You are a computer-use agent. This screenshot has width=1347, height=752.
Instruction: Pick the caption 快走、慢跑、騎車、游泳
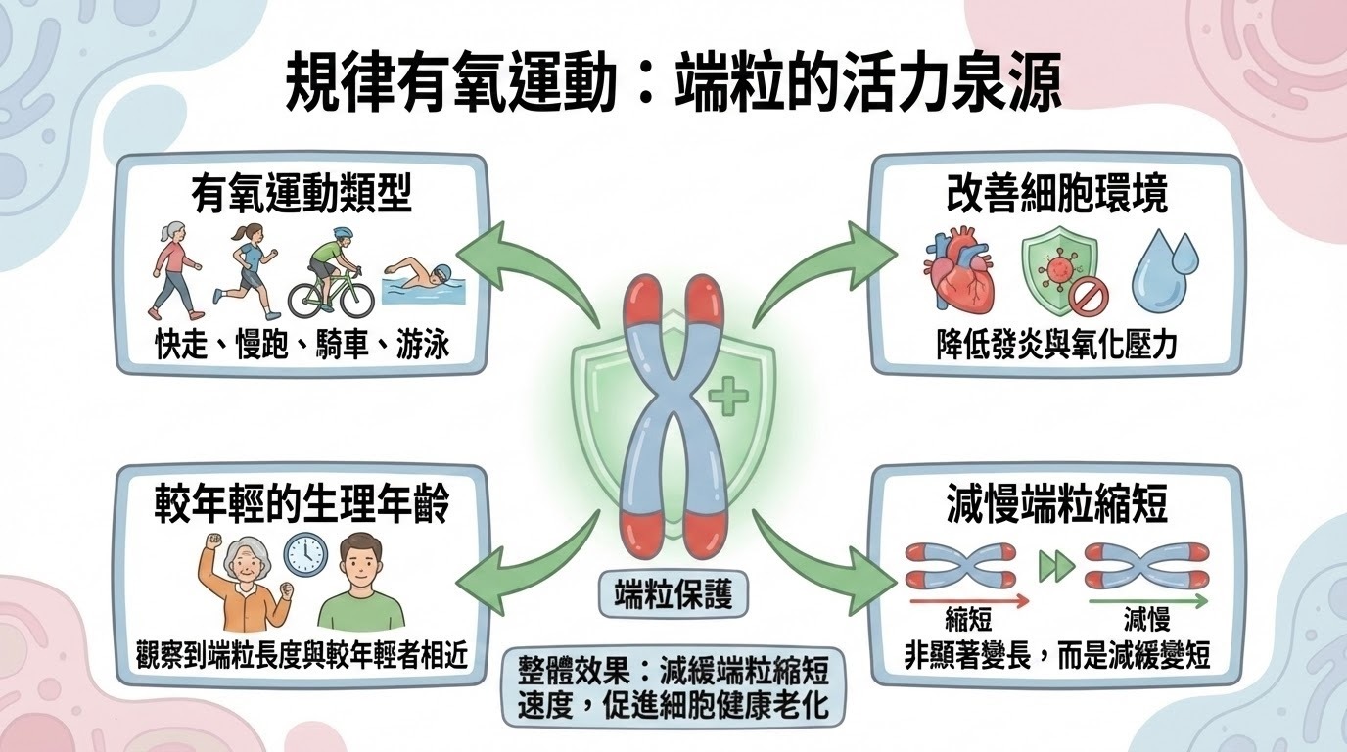coord(302,344)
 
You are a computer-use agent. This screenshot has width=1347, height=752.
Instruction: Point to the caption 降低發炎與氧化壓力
coord(1057,344)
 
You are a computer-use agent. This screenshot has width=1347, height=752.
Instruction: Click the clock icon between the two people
coord(303,554)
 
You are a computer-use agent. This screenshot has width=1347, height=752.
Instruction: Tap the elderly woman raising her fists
coord(243,580)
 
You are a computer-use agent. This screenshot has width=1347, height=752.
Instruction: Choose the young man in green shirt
coord(360,584)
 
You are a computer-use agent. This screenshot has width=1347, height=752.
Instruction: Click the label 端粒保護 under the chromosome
coord(673,594)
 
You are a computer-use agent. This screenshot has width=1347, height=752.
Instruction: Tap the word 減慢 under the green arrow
coord(1146,622)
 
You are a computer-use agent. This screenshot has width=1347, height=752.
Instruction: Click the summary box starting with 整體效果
coord(673,688)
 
